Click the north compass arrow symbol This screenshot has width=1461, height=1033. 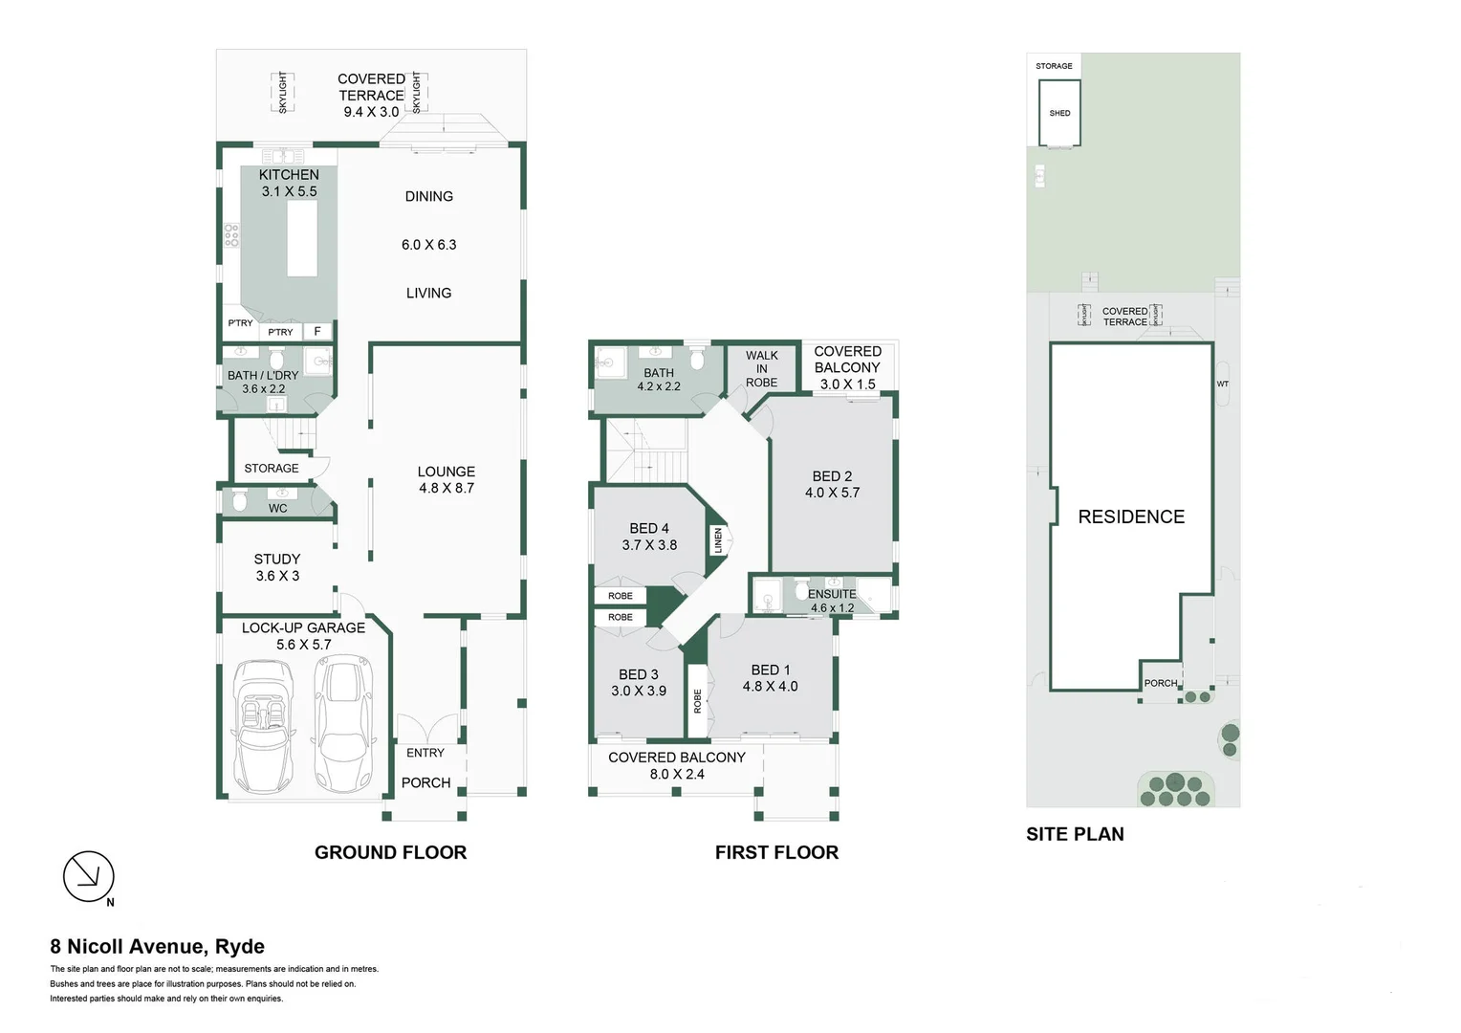pos(89,876)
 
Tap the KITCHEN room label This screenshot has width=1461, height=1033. pos(289,175)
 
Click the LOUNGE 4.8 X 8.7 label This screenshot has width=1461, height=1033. pos(446,480)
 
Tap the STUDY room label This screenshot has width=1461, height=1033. pos(277,560)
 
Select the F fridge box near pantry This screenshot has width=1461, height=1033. pos(317,332)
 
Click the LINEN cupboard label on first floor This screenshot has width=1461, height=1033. pos(718,540)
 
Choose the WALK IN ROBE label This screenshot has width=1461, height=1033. pos(761,368)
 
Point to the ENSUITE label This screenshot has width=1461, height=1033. pos(832,594)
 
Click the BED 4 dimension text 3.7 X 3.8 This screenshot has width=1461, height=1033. pos(649,545)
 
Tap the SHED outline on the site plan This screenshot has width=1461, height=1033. pos(1059,113)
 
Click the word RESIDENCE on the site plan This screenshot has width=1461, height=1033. pos(1131,516)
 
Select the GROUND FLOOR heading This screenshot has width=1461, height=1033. pos(390,852)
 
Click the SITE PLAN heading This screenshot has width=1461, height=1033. pos(1075,834)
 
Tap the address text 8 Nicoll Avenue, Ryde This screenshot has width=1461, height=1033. pos(158,946)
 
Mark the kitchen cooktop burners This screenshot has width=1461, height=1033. pos(230,235)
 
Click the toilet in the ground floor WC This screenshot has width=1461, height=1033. pos(240,500)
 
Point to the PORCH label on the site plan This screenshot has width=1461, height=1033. pos(1161,683)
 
